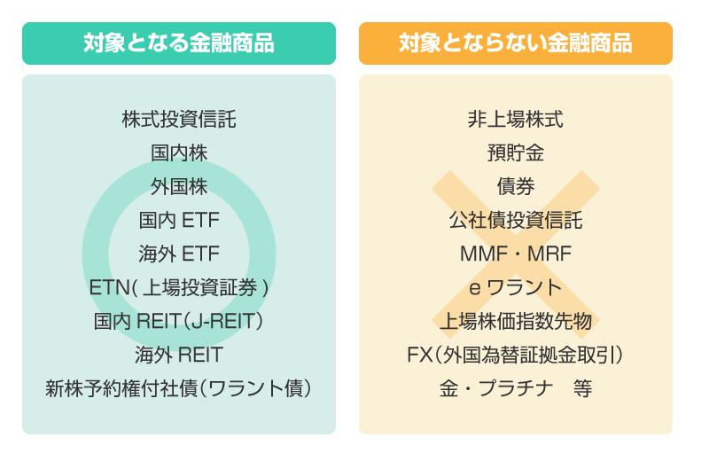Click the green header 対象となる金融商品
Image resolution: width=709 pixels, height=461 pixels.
tap(179, 43)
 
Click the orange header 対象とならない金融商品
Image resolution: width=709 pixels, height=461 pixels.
tap(516, 43)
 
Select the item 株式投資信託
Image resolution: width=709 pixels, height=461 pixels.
tap(179, 120)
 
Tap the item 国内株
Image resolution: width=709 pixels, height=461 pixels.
tap(179, 152)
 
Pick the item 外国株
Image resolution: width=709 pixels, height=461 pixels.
tap(179, 186)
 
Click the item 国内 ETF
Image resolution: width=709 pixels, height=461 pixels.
tap(179, 221)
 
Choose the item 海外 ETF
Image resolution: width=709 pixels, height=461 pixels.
tap(179, 254)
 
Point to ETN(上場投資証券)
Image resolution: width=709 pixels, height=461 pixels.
tap(179, 288)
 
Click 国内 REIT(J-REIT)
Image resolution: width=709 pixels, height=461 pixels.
tap(179, 321)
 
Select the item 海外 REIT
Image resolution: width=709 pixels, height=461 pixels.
tap(179, 355)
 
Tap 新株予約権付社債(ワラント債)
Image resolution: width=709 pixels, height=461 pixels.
tap(179, 388)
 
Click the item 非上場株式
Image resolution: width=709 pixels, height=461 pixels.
tap(516, 120)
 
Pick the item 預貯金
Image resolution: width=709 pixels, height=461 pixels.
tap(516, 152)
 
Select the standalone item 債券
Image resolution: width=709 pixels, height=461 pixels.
tap(516, 186)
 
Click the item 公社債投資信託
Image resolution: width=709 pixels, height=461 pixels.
tap(516, 221)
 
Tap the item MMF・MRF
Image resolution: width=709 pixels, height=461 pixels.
tap(516, 254)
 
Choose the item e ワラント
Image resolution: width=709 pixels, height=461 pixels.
tap(516, 288)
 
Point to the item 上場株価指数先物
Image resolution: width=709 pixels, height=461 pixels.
tap(516, 321)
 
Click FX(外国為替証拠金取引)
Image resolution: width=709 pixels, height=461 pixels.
tap(516, 355)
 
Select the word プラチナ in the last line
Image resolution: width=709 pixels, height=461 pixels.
tap(516, 388)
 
